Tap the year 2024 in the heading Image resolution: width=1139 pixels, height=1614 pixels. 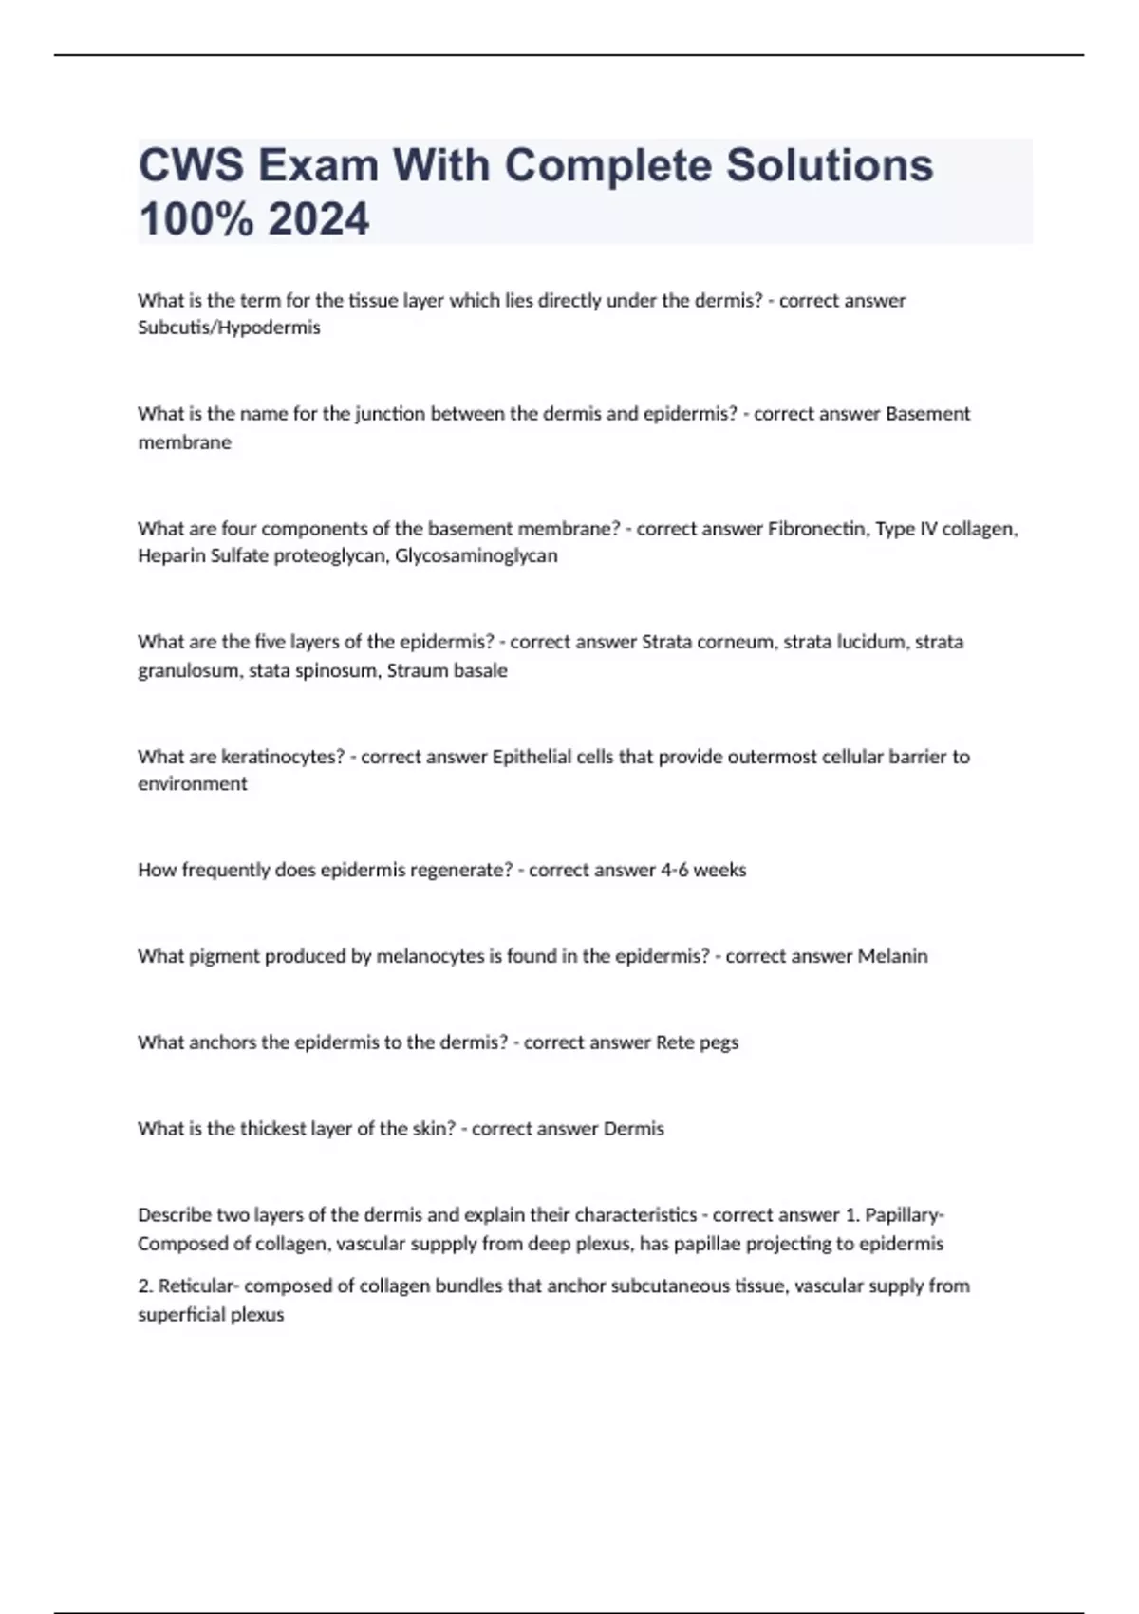click(x=319, y=219)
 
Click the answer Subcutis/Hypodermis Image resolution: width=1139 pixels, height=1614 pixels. click(x=229, y=328)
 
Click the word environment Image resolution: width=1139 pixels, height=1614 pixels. click(x=193, y=783)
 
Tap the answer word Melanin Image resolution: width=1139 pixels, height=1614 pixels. click(x=892, y=956)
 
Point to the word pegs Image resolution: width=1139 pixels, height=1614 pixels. click(x=719, y=1042)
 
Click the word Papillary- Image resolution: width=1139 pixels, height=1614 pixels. click(x=905, y=1215)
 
